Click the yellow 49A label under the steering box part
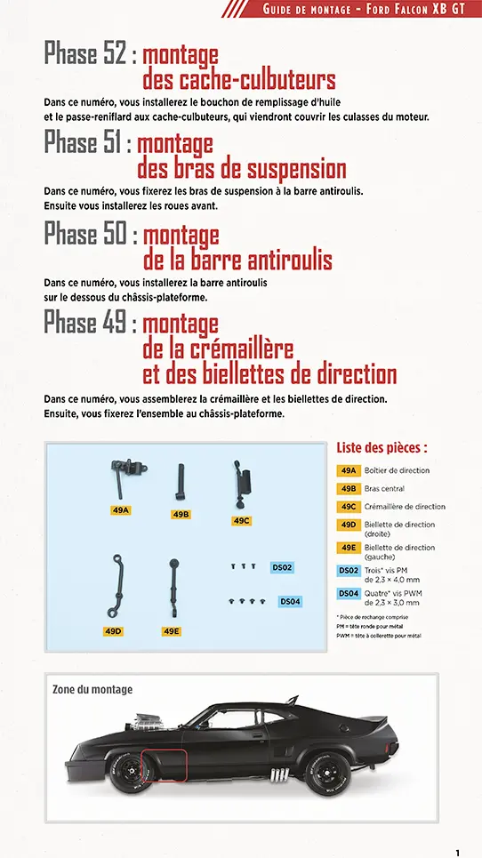pyautogui.click(x=122, y=510)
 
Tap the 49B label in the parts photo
pyautogui.click(x=181, y=515)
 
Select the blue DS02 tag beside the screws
pyautogui.click(x=281, y=567)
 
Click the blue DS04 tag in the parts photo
pyautogui.click(x=290, y=602)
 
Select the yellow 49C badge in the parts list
pyautogui.click(x=348, y=507)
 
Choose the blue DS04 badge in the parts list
pyautogui.click(x=348, y=594)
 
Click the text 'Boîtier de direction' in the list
pyautogui.click(x=397, y=470)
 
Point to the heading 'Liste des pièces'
pyautogui.click(x=382, y=448)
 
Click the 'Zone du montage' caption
pyautogui.click(x=92, y=689)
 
